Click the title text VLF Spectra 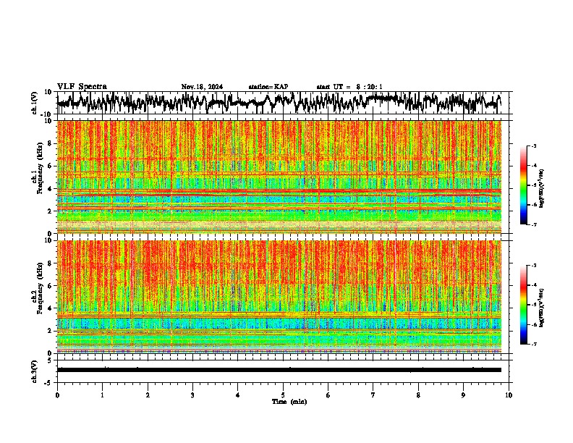click(82, 86)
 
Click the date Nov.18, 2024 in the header click(202, 87)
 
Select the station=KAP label click(268, 87)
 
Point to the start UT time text click(349, 87)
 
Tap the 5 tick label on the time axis click(283, 395)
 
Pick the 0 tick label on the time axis click(57, 395)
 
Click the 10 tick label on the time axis click(509, 395)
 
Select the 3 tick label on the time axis click(192, 395)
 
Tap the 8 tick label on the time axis click(418, 395)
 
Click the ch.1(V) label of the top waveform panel click(35, 103)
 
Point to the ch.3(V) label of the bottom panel click(35, 369)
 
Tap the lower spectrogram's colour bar click(531, 305)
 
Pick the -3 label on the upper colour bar click(539, 146)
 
